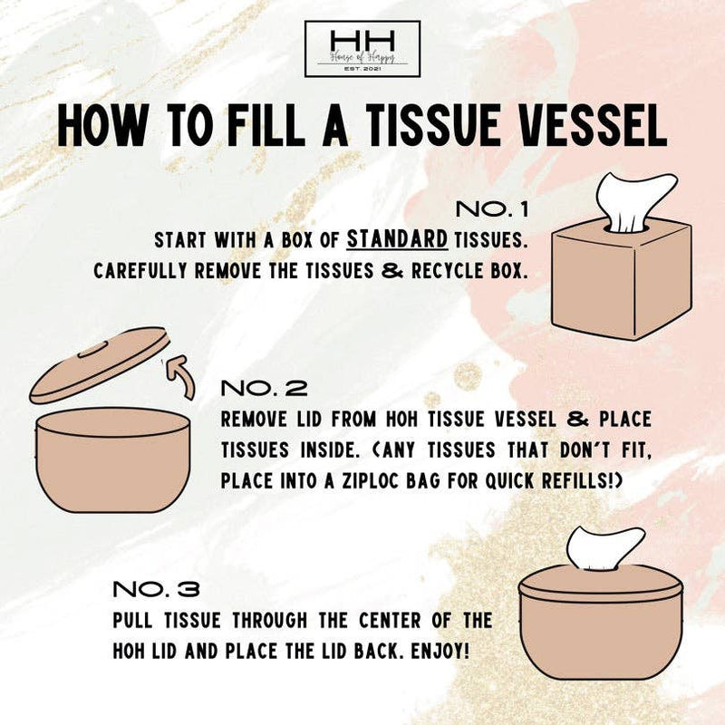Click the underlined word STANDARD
point(398,240)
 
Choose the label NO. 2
point(265,389)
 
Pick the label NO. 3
point(156,589)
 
